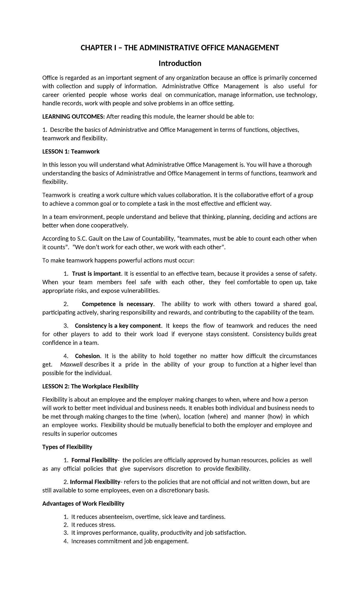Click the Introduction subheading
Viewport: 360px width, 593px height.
coord(180,63)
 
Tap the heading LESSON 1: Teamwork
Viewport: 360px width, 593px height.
coord(71,152)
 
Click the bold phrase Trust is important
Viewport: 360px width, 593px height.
coord(97,274)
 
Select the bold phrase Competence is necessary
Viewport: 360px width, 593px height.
coord(118,304)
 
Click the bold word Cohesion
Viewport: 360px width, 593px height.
coord(87,356)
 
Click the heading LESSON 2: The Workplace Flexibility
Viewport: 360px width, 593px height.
coord(90,386)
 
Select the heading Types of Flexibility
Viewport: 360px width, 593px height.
coord(67,447)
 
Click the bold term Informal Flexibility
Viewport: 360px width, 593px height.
coord(95,482)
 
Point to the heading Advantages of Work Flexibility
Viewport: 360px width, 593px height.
coord(83,503)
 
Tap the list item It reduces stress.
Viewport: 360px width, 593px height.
coord(93,525)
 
